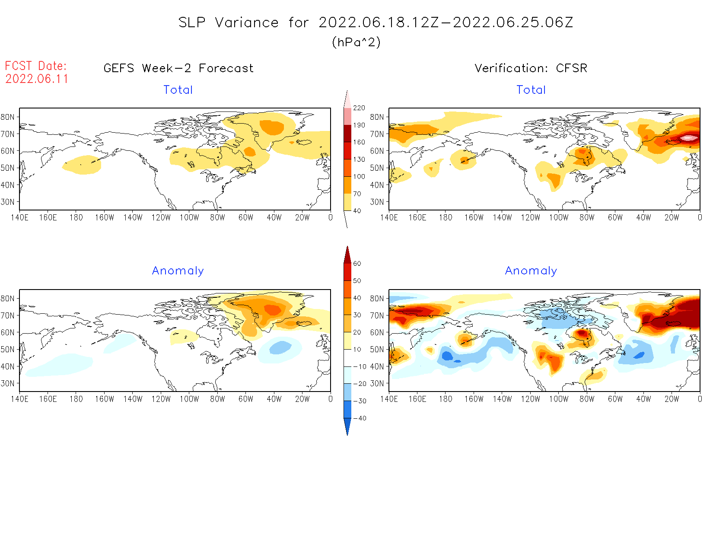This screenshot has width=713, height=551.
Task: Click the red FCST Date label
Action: (36, 66)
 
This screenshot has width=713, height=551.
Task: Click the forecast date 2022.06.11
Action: (37, 79)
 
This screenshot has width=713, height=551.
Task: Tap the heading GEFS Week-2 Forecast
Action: (178, 68)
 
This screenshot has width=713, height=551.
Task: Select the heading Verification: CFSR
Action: (531, 68)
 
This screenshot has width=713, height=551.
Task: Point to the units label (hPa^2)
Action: (356, 42)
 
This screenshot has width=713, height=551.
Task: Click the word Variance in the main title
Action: (247, 22)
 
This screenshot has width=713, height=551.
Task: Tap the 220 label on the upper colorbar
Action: (359, 108)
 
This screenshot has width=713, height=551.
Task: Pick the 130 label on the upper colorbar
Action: (359, 159)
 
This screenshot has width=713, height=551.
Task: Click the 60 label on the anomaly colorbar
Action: (357, 264)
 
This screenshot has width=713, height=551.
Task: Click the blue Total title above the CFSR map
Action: (531, 90)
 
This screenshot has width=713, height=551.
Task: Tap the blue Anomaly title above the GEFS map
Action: (178, 271)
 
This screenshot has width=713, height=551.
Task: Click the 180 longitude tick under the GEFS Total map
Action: (76, 217)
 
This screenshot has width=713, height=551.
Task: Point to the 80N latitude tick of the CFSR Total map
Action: (377, 117)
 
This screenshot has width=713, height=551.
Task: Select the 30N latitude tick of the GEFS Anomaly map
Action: (7, 383)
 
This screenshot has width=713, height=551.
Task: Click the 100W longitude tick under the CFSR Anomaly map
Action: (558, 399)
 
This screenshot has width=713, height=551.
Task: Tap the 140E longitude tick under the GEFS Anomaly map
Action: (19, 399)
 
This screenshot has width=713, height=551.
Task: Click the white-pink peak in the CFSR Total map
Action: (689, 138)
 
